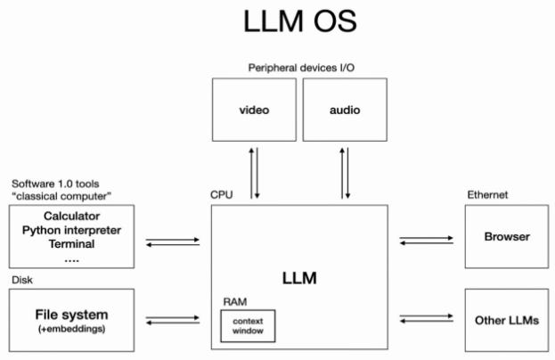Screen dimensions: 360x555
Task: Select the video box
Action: point(254,110)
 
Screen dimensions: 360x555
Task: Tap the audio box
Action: point(345,110)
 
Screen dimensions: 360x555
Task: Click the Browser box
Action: point(506,237)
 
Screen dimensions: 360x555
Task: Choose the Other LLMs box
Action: point(506,319)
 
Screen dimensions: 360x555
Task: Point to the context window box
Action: point(249,326)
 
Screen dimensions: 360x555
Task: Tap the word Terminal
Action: point(71,243)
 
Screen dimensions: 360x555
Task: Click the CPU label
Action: point(220,194)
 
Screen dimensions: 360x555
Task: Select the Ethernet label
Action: point(486,194)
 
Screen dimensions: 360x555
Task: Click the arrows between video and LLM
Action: point(255,174)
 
